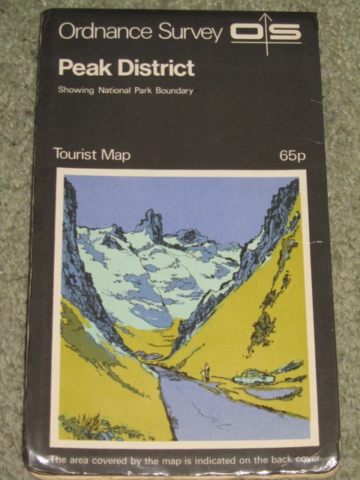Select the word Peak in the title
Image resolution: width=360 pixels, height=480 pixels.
80,68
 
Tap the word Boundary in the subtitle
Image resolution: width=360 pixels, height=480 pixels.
172,91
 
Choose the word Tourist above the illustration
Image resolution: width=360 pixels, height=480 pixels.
74,154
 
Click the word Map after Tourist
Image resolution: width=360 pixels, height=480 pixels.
115,155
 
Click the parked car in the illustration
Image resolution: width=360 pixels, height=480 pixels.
253,376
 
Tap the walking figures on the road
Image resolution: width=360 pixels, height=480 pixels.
205,372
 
